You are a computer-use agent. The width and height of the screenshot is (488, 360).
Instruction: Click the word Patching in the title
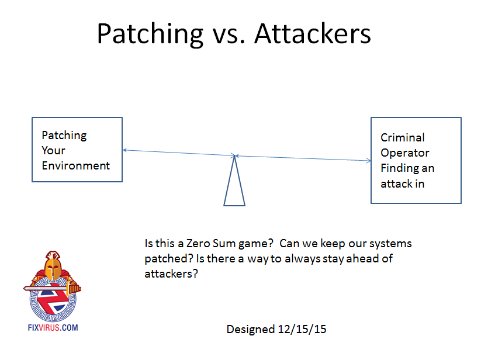point(150,34)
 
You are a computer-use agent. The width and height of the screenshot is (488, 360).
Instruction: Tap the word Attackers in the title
point(313,34)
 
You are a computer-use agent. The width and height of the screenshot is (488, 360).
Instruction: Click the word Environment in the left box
point(75,165)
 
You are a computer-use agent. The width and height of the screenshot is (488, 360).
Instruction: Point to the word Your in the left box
point(54,150)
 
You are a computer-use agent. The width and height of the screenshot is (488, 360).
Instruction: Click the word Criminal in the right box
point(403,137)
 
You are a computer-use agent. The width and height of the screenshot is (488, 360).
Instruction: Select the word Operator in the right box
point(404,153)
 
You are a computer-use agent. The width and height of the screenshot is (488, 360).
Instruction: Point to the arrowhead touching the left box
point(125,150)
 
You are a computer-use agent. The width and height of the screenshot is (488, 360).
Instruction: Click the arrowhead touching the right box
point(369,161)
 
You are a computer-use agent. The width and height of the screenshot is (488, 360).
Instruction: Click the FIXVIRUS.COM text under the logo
point(53,328)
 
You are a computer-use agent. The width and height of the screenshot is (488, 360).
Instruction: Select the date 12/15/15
point(302,329)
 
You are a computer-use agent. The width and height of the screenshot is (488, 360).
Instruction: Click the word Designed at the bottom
point(251,330)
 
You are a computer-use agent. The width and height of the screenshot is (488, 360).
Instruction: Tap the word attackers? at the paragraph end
point(171,274)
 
